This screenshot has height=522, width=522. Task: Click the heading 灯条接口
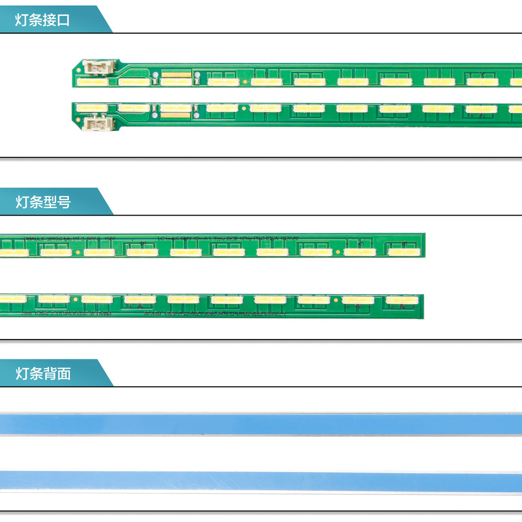point(42,20)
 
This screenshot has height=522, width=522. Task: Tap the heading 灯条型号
point(43,202)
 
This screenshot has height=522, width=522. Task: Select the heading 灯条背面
point(43,374)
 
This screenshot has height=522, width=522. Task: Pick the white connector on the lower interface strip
point(97,123)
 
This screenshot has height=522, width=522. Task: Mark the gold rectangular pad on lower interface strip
point(175,115)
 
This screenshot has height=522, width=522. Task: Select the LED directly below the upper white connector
point(92,82)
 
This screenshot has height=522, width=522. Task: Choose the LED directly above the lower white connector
point(92,108)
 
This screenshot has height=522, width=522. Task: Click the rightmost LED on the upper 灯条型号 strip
point(403,252)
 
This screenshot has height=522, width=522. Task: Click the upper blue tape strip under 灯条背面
point(261,424)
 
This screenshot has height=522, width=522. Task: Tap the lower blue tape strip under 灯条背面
point(261,482)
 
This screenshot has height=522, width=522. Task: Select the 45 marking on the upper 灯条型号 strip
point(360,244)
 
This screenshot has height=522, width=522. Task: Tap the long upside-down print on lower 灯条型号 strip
point(214,314)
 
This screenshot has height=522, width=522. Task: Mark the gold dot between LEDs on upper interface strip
point(246,81)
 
